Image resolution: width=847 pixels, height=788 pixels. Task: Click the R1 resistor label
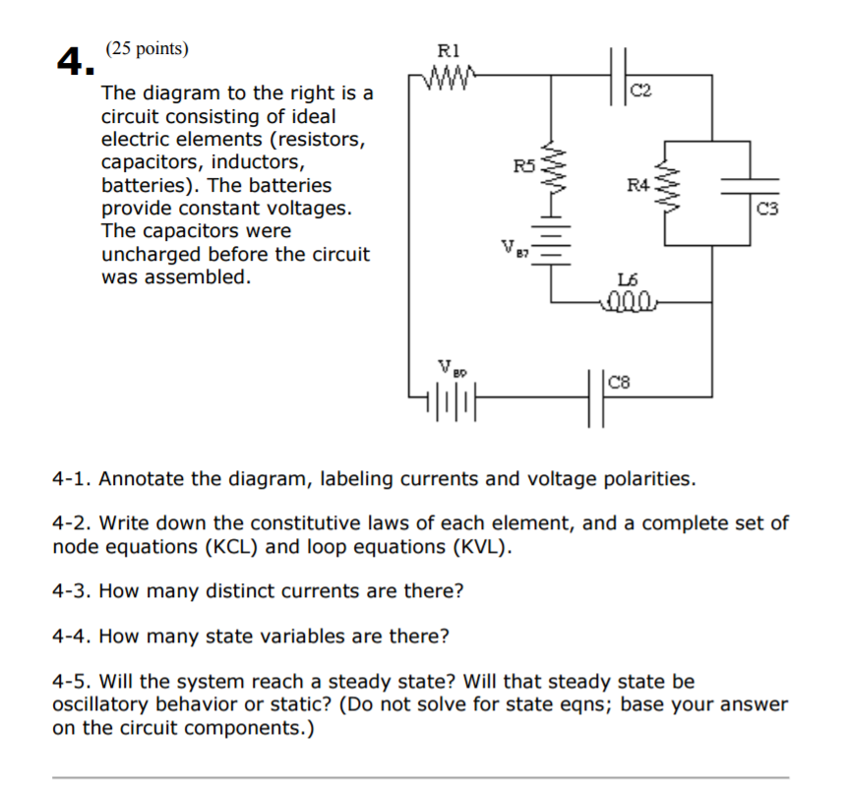tap(447, 48)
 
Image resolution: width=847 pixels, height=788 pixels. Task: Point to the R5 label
tap(524, 166)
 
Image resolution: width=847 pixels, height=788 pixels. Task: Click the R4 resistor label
tap(638, 183)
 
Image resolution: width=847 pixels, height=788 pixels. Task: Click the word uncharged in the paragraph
tap(150, 254)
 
